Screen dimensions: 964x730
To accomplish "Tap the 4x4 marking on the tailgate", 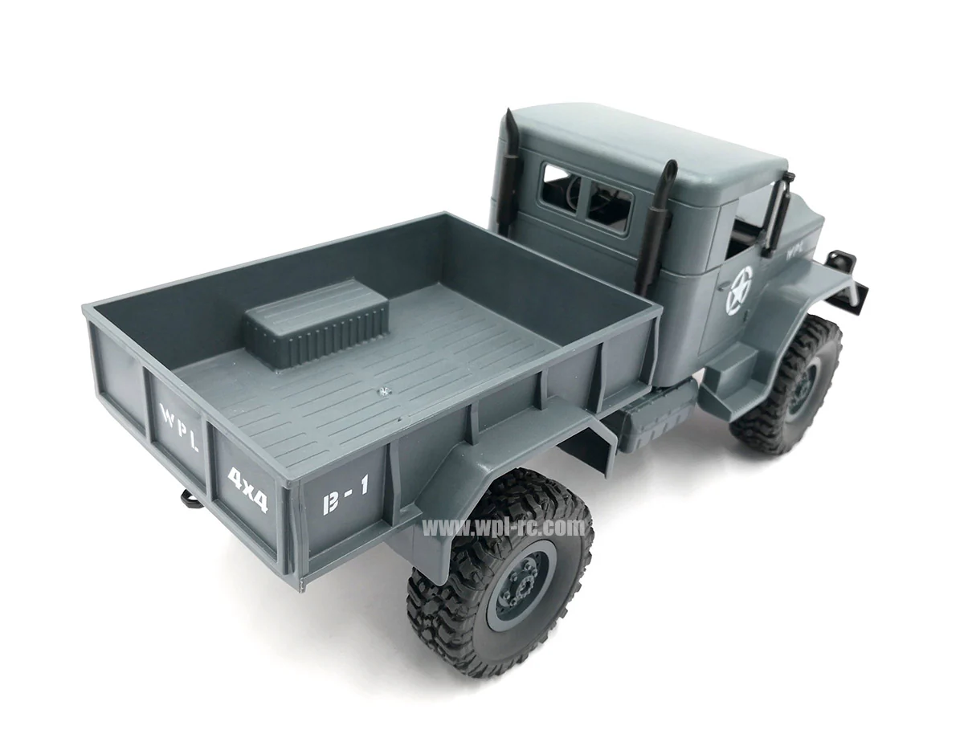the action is tap(247, 489).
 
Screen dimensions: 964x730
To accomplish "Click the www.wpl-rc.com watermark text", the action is tap(504, 527).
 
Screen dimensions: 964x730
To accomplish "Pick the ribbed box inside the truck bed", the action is tap(316, 320).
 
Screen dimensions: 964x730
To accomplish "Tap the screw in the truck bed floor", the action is tap(384, 389).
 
